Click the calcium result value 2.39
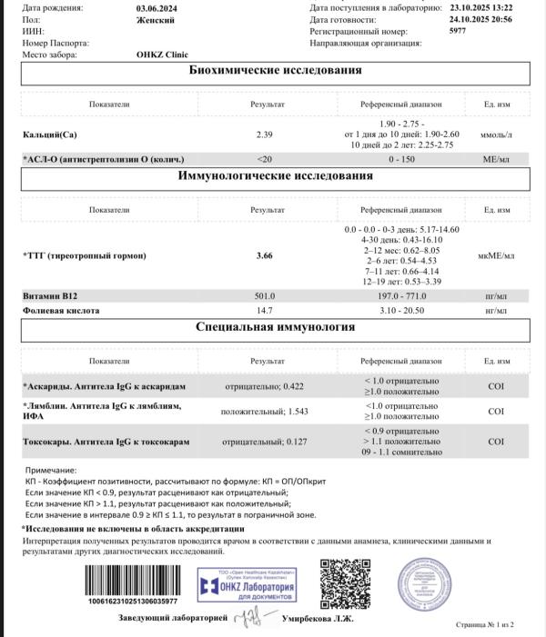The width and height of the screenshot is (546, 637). (265, 135)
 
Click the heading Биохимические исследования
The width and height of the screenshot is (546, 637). (274, 74)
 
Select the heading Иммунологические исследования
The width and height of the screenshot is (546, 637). (274, 176)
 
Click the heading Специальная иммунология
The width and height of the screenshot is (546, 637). (274, 327)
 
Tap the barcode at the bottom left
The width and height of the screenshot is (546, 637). (132, 581)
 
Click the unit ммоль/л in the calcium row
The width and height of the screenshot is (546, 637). (496, 135)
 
